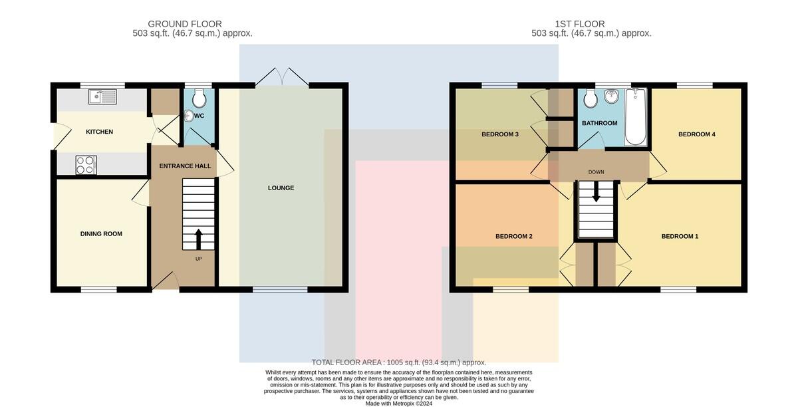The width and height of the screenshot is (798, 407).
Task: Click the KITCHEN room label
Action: pyautogui.click(x=99, y=132)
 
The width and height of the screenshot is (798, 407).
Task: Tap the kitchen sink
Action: pyautogui.click(x=102, y=96)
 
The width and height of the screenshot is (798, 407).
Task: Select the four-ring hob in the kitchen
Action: pyautogui.click(x=86, y=165)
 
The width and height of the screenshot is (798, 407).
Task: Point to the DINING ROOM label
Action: pyautogui.click(x=101, y=234)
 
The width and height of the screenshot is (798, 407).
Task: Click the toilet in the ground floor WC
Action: pyautogui.click(x=199, y=98)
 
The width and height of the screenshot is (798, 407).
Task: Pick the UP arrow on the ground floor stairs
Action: pyautogui.click(x=198, y=239)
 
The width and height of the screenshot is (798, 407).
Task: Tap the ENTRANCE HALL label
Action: pyautogui.click(x=185, y=166)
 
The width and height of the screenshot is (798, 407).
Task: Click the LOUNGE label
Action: pyautogui.click(x=281, y=188)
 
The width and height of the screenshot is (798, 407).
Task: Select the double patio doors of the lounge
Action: pyautogui.click(x=282, y=76)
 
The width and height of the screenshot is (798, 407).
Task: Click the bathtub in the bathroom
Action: pyautogui.click(x=636, y=116)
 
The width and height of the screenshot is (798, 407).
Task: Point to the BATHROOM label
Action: pyautogui.click(x=600, y=123)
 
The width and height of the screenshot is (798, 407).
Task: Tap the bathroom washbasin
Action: pyautogui.click(x=612, y=96)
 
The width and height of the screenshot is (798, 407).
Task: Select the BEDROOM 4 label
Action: pyautogui.click(x=697, y=134)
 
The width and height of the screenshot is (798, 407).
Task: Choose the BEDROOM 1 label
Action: pyautogui.click(x=680, y=236)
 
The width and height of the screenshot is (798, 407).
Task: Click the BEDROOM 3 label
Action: pyautogui.click(x=500, y=134)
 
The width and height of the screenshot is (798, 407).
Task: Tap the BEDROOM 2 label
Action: pyautogui.click(x=513, y=236)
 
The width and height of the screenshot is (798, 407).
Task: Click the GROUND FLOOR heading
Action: pyautogui.click(x=185, y=24)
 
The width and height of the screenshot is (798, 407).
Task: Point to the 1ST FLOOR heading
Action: pyautogui.click(x=580, y=24)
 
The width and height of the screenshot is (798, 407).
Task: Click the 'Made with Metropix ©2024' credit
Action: pyautogui.click(x=399, y=404)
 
